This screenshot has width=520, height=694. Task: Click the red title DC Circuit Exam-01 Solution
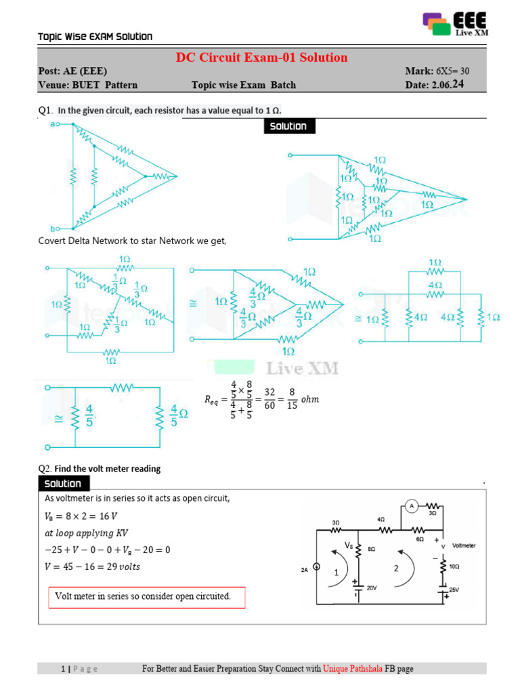(x=262, y=58)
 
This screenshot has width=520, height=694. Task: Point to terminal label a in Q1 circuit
(x=53, y=125)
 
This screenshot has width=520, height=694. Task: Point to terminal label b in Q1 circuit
(x=53, y=229)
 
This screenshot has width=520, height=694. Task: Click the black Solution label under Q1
(x=288, y=126)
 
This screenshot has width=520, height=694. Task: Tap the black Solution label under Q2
(x=63, y=484)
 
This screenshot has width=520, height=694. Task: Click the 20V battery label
(x=372, y=589)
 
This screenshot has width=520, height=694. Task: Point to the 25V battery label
(x=454, y=590)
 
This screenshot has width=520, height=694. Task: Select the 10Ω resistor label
(x=455, y=565)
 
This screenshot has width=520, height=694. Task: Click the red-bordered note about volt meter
(x=147, y=597)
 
